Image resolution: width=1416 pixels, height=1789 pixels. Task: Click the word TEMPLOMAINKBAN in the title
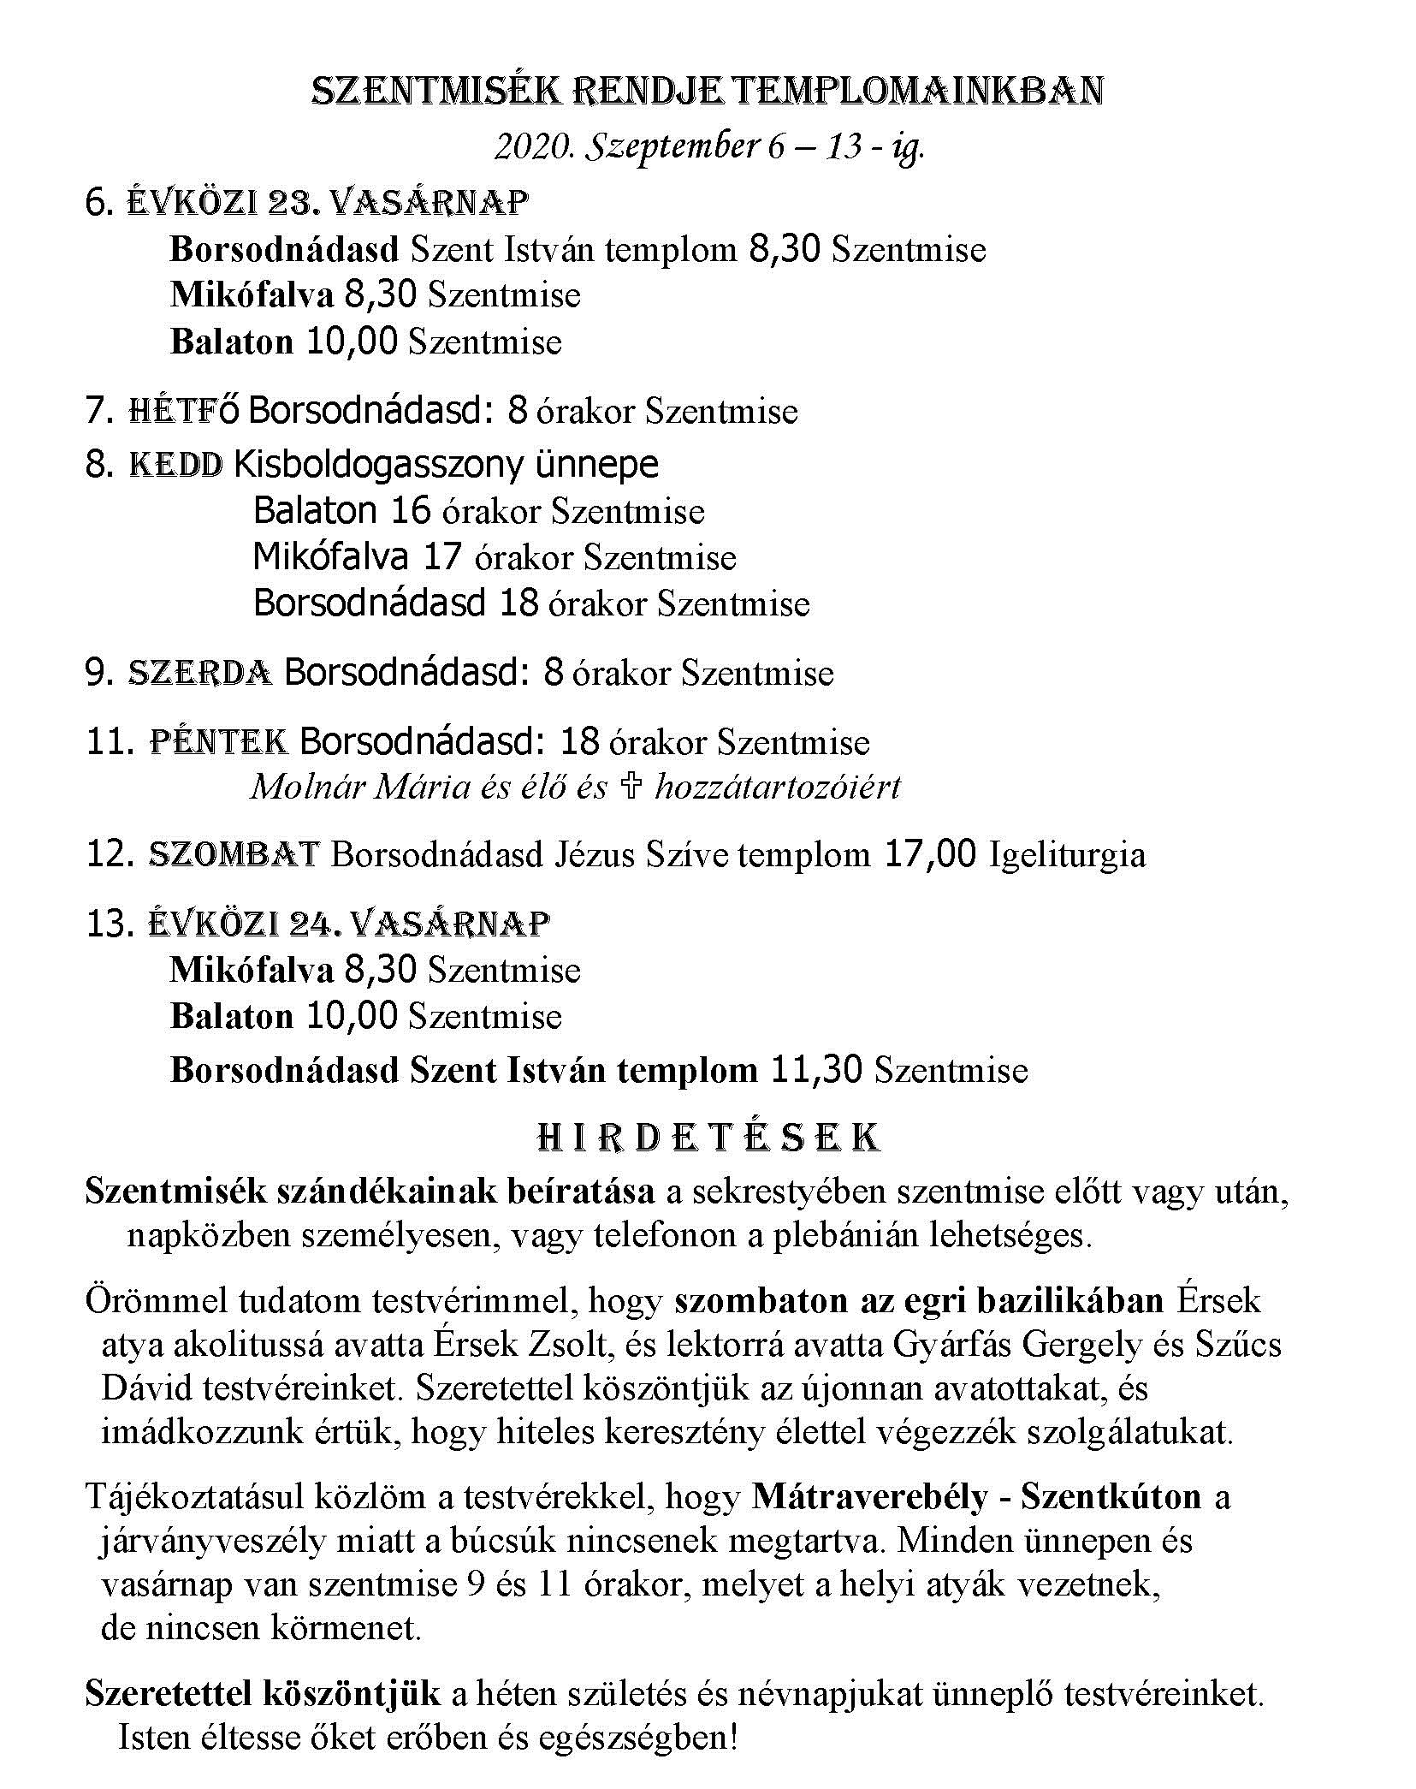(x=919, y=92)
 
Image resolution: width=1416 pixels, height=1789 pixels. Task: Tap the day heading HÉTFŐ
(x=183, y=411)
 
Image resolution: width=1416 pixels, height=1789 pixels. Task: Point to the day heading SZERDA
(x=200, y=673)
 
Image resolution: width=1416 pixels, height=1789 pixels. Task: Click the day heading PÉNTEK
(x=218, y=741)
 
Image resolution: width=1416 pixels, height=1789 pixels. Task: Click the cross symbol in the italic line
(x=631, y=787)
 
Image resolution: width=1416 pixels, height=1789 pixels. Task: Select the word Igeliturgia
(x=1066, y=855)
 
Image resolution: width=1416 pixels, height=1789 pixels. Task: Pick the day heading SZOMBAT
(x=234, y=855)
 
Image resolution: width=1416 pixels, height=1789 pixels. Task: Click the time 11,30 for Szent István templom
(x=816, y=1071)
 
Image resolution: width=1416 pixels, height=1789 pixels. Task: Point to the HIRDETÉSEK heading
(x=708, y=1138)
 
